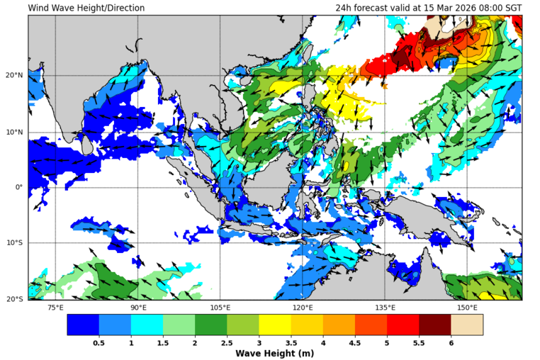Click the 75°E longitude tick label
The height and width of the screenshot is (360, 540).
[55, 308]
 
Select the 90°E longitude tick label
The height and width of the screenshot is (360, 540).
[138, 308]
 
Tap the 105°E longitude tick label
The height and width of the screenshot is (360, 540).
[220, 308]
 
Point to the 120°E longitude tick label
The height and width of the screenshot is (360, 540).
[303, 308]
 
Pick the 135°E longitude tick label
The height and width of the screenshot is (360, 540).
[385, 308]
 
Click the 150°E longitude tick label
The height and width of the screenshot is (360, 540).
[467, 308]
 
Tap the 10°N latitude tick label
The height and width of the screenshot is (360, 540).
[16, 133]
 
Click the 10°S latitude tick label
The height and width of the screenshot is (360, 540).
[16, 243]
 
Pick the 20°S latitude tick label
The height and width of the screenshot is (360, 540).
[16, 299]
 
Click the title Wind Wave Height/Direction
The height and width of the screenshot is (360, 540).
[86, 8]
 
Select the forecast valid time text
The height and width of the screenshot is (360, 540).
[429, 8]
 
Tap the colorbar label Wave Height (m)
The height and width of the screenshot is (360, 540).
[274, 353]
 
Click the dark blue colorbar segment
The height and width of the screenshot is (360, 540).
[83, 325]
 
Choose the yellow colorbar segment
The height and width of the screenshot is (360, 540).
[274, 325]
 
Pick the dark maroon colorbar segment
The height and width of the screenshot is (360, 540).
[434, 325]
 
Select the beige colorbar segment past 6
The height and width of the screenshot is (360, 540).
[466, 325]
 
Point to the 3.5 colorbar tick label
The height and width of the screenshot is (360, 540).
[291, 342]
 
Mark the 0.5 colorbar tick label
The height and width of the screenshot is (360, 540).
[99, 342]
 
